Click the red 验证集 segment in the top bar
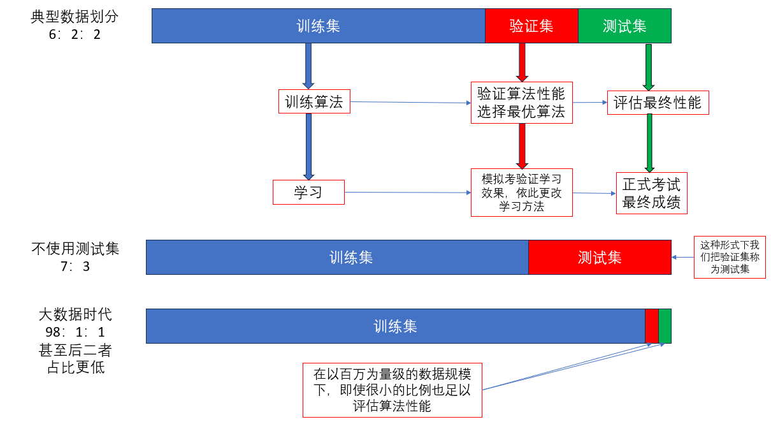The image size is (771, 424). point(531,26)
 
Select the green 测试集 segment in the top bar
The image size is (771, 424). point(624,26)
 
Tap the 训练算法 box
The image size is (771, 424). point(314,102)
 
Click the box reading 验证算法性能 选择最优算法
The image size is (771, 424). point(521,103)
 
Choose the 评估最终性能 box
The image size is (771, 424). point(658,103)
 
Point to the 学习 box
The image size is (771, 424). point(308,192)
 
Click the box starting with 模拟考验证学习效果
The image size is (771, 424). point(521,192)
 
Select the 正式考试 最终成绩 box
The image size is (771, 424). point(651,193)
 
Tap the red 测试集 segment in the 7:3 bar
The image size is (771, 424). point(600,258)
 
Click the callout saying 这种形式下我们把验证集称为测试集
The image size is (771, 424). point(730,257)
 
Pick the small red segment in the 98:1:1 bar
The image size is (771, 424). point(652,326)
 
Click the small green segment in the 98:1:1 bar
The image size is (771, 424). point(665,326)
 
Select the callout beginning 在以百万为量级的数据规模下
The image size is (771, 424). point(392,389)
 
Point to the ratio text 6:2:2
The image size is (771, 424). point(75,34)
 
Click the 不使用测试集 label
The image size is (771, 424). point(75,249)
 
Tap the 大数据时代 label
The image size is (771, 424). point(75,314)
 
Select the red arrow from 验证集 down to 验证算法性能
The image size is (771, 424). point(521,62)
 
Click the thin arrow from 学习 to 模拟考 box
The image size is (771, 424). point(407,192)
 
